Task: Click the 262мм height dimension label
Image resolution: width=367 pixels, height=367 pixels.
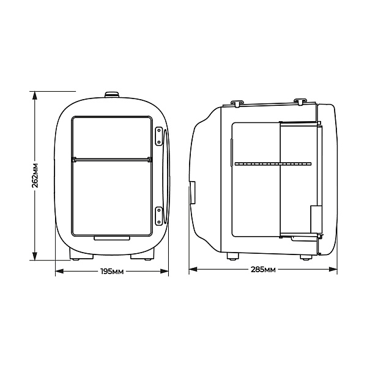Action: pyautogui.click(x=35, y=175)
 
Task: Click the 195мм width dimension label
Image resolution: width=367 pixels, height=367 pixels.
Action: pyautogui.click(x=112, y=272)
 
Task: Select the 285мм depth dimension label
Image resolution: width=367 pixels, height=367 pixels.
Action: pyautogui.click(x=263, y=270)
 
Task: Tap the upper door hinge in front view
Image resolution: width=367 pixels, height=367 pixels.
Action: pyautogui.click(x=159, y=136)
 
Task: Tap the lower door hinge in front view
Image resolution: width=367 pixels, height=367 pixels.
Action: pyautogui.click(x=159, y=216)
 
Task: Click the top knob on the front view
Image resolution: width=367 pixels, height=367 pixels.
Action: pyautogui.click(x=112, y=95)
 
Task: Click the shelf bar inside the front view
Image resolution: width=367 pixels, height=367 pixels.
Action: pyautogui.click(x=112, y=160)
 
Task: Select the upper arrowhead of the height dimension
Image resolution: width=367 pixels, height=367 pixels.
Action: pyautogui.click(x=35, y=95)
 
